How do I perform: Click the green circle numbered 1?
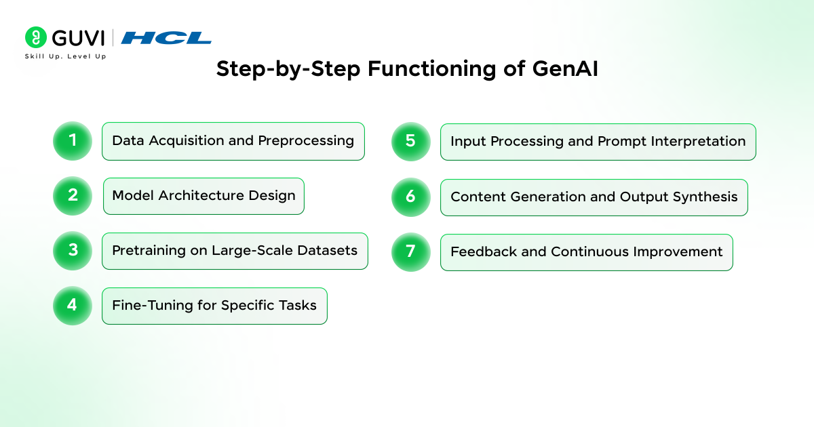pyautogui.click(x=72, y=141)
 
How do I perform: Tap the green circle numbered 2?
pyautogui.click(x=72, y=196)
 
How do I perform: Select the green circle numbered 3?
pyautogui.click(x=72, y=251)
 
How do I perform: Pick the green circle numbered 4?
pyautogui.click(x=72, y=306)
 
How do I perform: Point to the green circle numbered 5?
pyautogui.click(x=410, y=141)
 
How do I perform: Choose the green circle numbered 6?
pyautogui.click(x=410, y=197)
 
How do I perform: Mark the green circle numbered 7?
pyautogui.click(x=410, y=251)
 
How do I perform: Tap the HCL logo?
pyautogui.click(x=166, y=38)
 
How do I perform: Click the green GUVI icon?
pyautogui.click(x=35, y=37)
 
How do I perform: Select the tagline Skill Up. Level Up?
pyautogui.click(x=65, y=56)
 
